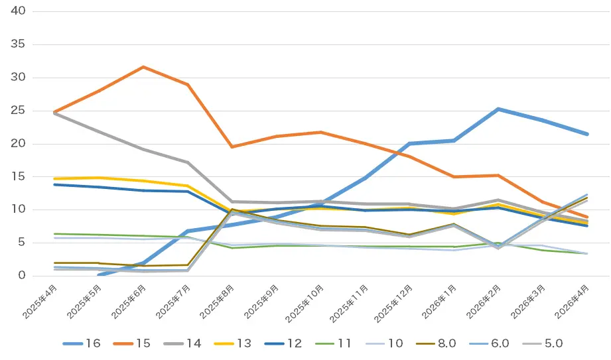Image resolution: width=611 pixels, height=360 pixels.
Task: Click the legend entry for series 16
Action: pyautogui.click(x=82, y=343)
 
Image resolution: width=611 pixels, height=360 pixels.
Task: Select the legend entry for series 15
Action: pyautogui.click(x=132, y=343)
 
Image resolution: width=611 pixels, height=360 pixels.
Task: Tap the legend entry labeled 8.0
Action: pyautogui.click(x=436, y=343)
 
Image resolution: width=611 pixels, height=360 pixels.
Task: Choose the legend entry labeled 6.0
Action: pyautogui.click(x=489, y=343)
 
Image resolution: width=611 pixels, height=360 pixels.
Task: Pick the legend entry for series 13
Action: pyautogui.click(x=233, y=343)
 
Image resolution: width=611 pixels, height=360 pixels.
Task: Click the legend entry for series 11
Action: pyautogui.click(x=333, y=343)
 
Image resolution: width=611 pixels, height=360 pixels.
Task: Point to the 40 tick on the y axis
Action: pyautogui.click(x=18, y=11)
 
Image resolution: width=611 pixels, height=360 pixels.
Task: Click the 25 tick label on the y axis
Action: pyautogui.click(x=18, y=110)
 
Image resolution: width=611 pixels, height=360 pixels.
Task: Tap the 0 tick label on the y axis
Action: pyautogui.click(x=21, y=275)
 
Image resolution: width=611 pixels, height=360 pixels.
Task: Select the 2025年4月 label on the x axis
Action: pyautogui.click(x=40, y=302)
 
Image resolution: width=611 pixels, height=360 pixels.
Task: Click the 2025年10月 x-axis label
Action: pyautogui.click(x=305, y=304)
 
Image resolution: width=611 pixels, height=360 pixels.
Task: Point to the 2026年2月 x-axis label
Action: pyautogui.click(x=484, y=302)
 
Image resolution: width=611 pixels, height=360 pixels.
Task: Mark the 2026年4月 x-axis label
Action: pyautogui.click(x=573, y=302)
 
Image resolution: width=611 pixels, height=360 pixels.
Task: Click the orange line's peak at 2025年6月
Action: pyautogui.click(x=143, y=67)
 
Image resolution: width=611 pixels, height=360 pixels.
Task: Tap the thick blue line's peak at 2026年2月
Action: pyautogui.click(x=498, y=109)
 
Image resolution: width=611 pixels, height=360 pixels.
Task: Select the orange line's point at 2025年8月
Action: pyautogui.click(x=232, y=147)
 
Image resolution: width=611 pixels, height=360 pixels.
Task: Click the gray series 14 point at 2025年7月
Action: pyautogui.click(x=188, y=162)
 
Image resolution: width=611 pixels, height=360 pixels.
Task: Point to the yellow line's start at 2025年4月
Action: pyautogui.click(x=54, y=179)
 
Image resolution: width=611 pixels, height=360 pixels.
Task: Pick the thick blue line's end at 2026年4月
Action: pyautogui.click(x=587, y=134)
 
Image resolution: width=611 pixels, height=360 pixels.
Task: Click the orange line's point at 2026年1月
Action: pyautogui.click(x=454, y=177)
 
